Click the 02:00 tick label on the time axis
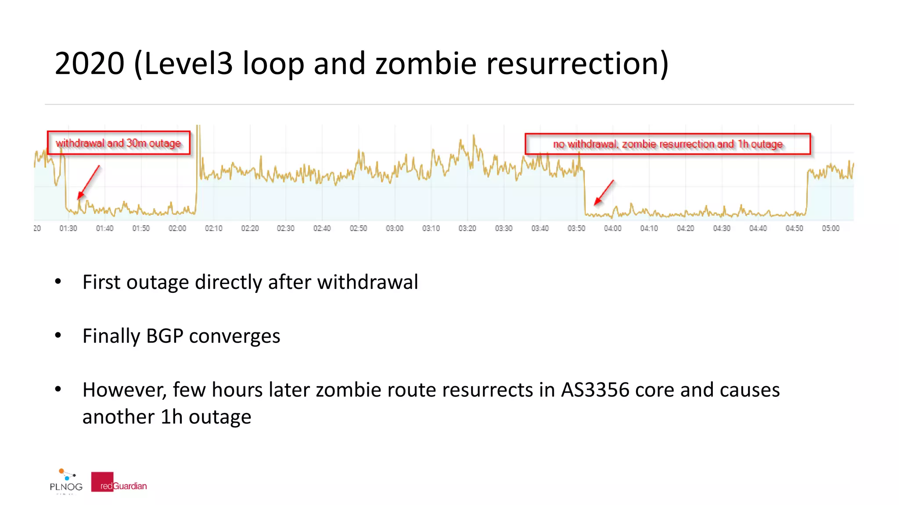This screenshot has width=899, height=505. pos(177,228)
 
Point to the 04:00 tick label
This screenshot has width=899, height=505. pos(612,228)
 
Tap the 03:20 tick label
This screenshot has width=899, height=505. pos(467,228)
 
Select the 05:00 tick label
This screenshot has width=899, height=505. pos(831,228)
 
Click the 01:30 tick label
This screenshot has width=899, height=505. pos(68,228)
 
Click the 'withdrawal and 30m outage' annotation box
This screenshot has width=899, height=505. pos(119,143)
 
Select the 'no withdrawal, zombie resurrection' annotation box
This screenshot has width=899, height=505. pos(667,144)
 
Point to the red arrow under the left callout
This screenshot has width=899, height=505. pos(88,182)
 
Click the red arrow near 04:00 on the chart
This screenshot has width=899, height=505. pos(604,192)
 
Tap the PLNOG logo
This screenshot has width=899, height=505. pos(66,481)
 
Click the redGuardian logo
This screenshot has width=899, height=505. pos(119,482)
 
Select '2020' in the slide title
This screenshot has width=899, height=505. pos(90,63)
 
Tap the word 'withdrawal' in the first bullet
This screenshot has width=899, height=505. pos(367,282)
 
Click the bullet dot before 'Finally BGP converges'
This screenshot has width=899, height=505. pos(58,335)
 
